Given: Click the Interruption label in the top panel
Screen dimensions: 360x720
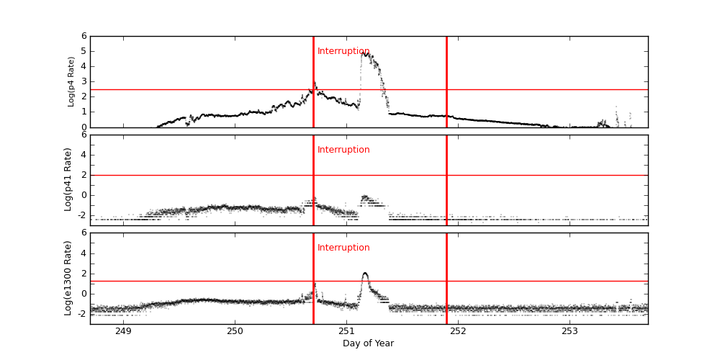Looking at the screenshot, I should coord(343,52).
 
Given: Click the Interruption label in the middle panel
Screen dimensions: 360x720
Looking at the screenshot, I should coord(343,150).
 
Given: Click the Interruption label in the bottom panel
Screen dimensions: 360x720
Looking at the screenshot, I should coord(343,248).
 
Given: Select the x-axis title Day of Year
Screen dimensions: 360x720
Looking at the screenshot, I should coord(368,343).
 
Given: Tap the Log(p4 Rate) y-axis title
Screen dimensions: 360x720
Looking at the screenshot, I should coord(71,81).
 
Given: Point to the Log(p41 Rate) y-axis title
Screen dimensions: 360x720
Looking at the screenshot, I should coord(68,179).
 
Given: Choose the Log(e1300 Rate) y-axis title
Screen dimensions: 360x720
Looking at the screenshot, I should coord(68,278).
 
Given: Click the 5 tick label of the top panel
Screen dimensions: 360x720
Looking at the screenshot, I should coord(84,51).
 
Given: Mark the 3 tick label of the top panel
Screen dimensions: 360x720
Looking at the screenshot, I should coord(84,81).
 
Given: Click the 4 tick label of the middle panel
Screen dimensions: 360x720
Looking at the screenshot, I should coord(84,155).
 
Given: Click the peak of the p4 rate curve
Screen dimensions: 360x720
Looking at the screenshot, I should coord(365,53).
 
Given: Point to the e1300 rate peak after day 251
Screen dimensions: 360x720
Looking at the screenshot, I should coord(365,274).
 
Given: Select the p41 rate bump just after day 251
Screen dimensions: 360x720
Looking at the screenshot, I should coord(365,197).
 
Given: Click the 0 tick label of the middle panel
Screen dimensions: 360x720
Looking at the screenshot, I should coord(84,195).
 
